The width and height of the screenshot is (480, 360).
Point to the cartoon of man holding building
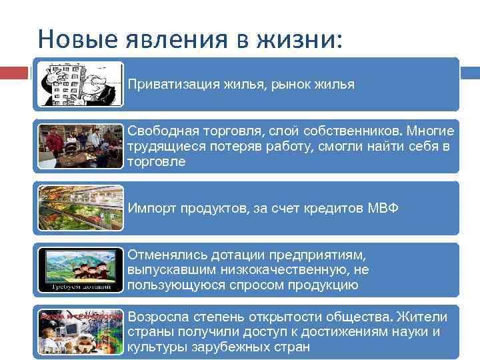point(80,84)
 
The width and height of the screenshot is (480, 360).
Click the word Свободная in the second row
point(159,131)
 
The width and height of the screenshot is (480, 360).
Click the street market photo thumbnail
point(80,146)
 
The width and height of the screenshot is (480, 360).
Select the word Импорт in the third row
point(148,208)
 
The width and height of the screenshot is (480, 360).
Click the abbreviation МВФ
point(383,208)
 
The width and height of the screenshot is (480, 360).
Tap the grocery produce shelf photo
point(80,208)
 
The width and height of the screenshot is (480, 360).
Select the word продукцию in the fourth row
point(327,285)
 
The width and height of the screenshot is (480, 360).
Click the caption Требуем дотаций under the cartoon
point(80,287)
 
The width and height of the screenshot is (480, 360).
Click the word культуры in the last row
point(155,347)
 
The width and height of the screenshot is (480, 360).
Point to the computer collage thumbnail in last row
point(80,332)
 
